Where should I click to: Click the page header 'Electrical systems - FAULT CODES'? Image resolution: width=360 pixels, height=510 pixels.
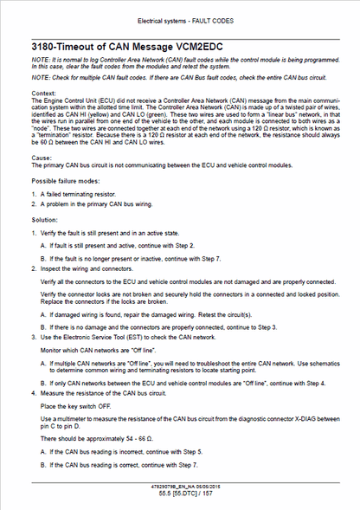[x=180, y=19]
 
